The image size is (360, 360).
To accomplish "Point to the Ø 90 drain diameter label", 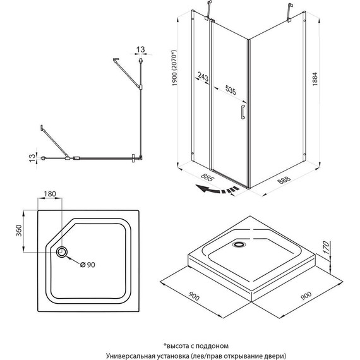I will (90, 264).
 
